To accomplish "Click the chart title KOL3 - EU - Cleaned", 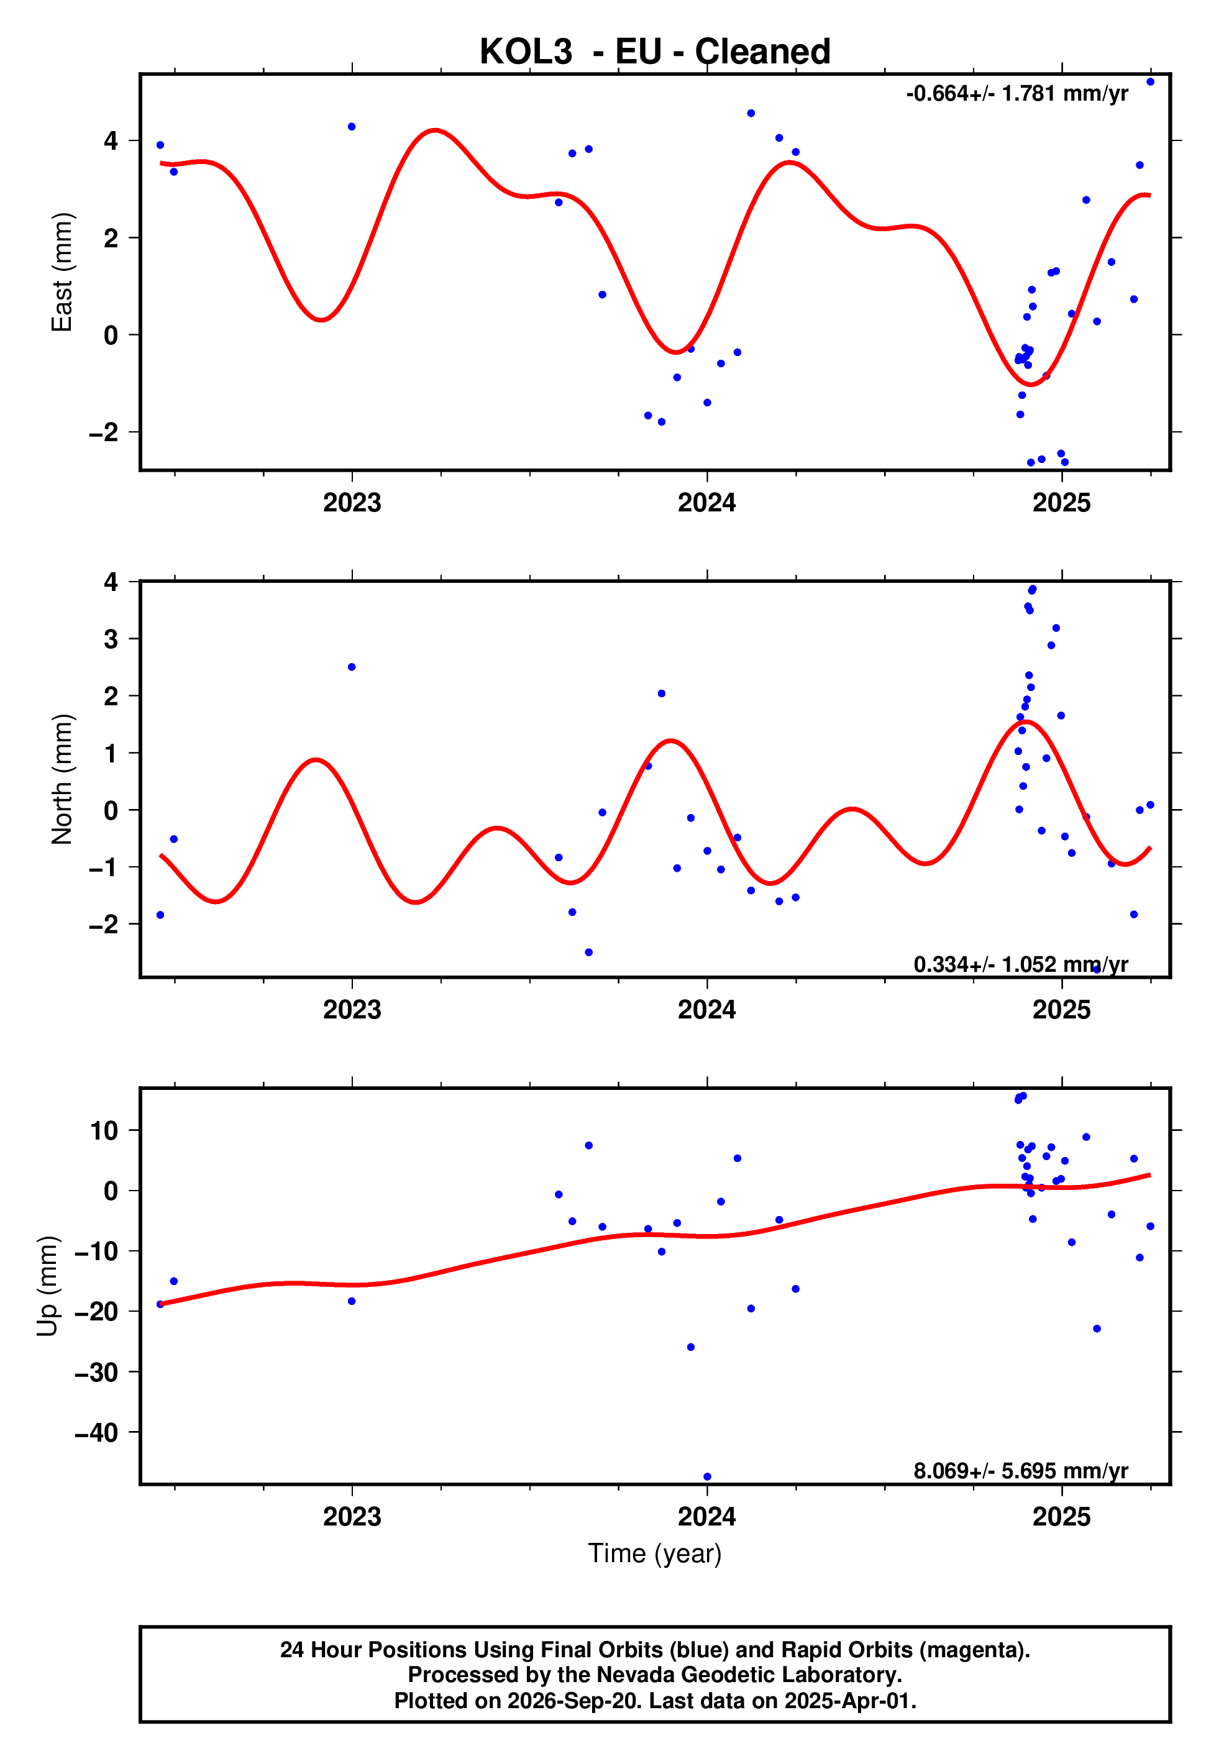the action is click(x=655, y=52).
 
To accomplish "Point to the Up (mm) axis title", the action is click(x=47, y=1286).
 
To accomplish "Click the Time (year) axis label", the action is click(x=655, y=1554).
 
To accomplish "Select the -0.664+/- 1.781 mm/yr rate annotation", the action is click(x=1016, y=94).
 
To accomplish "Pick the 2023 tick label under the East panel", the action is click(x=352, y=503).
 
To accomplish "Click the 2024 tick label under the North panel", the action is click(x=707, y=1010).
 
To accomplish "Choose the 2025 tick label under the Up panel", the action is click(x=1062, y=1516).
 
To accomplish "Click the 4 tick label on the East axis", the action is click(x=111, y=140).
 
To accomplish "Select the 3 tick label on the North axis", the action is click(x=111, y=638).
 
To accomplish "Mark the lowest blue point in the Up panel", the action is click(x=707, y=1477).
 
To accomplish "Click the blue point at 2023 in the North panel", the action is click(x=351, y=667).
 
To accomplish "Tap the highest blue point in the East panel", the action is click(x=1150, y=81).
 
